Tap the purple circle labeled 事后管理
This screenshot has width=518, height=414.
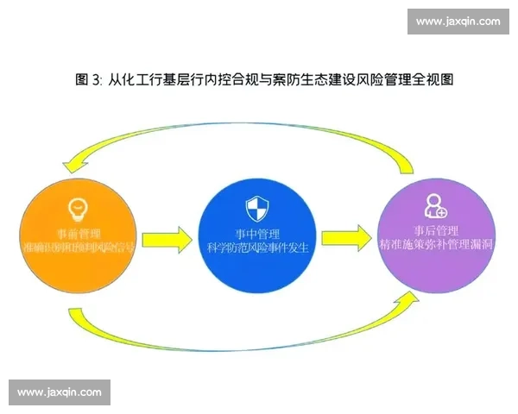click(436, 235)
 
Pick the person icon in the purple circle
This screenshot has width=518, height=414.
click(434, 205)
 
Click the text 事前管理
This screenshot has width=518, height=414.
click(77, 233)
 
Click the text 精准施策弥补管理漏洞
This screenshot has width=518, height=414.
click(437, 246)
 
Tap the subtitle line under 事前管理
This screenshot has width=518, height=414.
click(77, 248)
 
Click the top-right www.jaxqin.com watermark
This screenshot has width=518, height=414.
click(458, 22)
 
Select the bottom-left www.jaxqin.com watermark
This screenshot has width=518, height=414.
click(59, 392)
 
